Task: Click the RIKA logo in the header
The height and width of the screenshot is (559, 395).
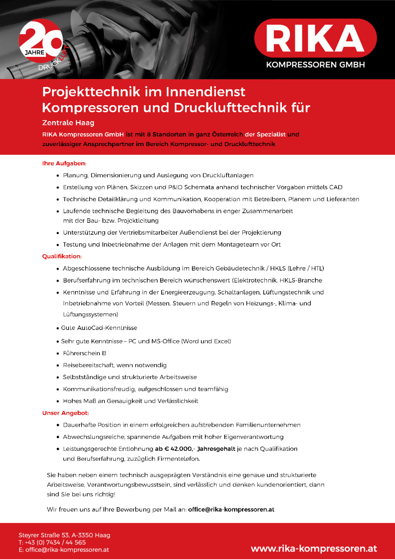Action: click(315, 38)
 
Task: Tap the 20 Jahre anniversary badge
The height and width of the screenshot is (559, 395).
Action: click(41, 43)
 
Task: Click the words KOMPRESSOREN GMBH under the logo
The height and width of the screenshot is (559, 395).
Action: click(315, 65)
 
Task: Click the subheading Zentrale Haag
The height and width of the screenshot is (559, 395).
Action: click(68, 123)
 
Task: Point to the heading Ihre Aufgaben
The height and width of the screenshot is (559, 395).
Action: click(64, 163)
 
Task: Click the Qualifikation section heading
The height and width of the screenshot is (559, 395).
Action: click(62, 256)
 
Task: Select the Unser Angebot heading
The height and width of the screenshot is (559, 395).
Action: click(65, 413)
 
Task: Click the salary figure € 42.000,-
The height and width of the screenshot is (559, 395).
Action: click(179, 449)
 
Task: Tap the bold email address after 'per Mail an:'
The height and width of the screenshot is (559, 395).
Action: click(231, 510)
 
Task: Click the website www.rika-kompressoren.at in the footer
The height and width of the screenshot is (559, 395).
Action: click(314, 548)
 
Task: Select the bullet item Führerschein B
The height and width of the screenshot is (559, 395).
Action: click(84, 353)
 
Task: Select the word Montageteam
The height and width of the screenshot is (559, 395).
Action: click(244, 245)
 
